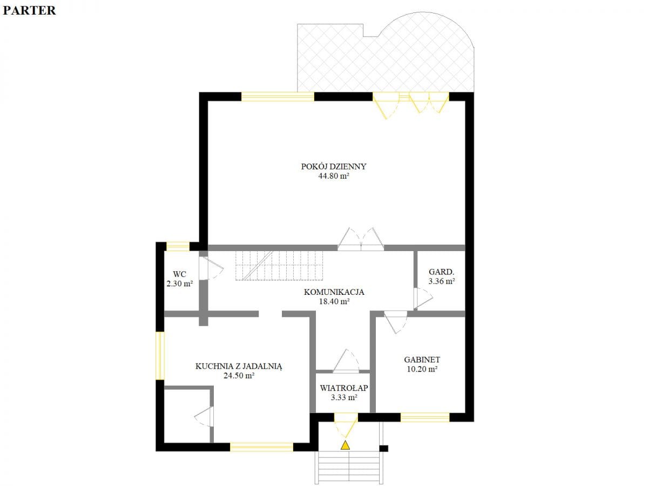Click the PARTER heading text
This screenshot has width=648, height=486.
(29, 10)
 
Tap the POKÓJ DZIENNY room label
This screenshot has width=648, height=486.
(334, 166)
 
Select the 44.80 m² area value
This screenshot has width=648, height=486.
(334, 176)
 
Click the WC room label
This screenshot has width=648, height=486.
(179, 274)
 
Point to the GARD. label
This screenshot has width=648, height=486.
(441, 272)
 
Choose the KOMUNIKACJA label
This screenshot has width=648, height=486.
(334, 292)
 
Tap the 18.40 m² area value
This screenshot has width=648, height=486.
(334, 301)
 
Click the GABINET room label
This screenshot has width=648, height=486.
(422, 360)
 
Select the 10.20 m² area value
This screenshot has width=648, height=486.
(422, 369)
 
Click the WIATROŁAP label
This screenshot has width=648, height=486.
(344, 388)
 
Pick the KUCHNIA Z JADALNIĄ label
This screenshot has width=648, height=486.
(239, 367)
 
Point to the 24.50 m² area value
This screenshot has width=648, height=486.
(239, 376)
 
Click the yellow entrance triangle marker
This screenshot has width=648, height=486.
(345, 446)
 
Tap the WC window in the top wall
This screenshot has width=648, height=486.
(178, 246)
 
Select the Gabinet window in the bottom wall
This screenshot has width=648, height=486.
(425, 417)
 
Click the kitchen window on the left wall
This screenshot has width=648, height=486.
(160, 355)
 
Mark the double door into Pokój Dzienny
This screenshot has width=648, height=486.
(361, 239)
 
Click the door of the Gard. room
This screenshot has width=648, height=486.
(423, 298)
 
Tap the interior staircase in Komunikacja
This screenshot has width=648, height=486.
(279, 265)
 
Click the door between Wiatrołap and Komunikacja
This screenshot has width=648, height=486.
(346, 361)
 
